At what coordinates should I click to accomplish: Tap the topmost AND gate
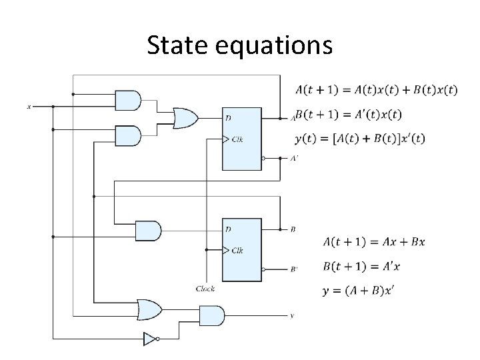click(x=128, y=100)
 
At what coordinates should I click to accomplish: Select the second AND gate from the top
click(x=128, y=136)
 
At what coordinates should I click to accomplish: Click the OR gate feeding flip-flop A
click(x=184, y=118)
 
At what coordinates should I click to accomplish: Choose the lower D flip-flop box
click(x=241, y=249)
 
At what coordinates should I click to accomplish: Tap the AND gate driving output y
click(x=211, y=315)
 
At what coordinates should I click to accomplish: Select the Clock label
click(x=205, y=289)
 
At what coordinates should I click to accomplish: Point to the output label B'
click(x=294, y=270)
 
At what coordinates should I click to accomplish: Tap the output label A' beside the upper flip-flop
click(x=294, y=159)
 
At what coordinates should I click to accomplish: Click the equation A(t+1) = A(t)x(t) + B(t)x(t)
click(x=376, y=90)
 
